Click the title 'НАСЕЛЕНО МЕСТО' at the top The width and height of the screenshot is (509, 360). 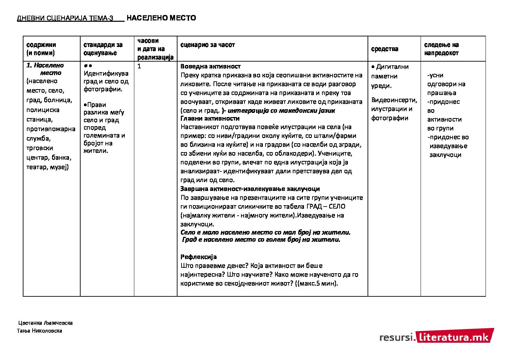[161, 18]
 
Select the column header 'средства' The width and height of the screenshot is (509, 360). [385, 49]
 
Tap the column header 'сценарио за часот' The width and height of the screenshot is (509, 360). [207, 45]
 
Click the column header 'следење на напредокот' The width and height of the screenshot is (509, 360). [441, 49]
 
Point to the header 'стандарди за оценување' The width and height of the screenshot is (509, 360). [103, 49]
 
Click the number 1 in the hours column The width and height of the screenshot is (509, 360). [139, 66]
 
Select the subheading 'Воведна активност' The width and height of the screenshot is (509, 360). [210, 66]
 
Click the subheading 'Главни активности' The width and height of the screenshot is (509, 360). [210, 118]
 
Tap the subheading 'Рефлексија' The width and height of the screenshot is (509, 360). [198, 257]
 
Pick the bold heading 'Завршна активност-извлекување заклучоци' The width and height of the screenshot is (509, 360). [250, 189]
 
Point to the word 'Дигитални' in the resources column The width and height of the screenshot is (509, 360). [392, 67]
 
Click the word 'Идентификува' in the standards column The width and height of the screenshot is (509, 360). [106, 73]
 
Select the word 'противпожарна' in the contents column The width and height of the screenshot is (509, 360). [51, 129]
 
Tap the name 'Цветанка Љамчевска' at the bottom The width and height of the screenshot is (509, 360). [46, 323]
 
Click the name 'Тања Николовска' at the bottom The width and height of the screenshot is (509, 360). [40, 331]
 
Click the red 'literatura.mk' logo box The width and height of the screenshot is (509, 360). [454, 336]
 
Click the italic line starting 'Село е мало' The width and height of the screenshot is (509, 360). [265, 232]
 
